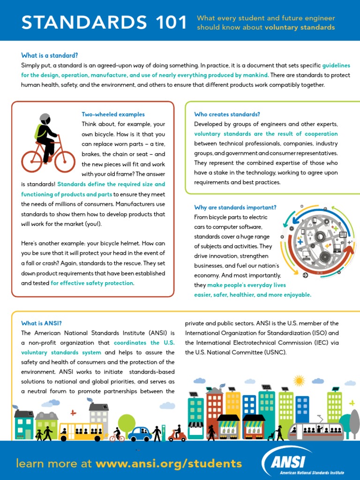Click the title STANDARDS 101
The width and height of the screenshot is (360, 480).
[105, 22]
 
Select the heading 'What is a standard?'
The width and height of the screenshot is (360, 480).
[49, 55]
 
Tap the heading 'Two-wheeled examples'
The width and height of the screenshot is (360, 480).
[113, 114]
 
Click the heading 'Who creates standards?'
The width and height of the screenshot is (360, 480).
[227, 114]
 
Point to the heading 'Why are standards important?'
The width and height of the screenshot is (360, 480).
[235, 207]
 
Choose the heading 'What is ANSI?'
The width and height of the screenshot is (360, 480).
[41, 323]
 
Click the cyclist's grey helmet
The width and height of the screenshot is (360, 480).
[45, 118]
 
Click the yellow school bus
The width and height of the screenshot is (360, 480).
[81, 431]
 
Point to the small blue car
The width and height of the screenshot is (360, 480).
[140, 434]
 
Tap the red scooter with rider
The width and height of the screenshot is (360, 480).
[177, 434]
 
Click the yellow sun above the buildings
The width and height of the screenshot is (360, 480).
[299, 380]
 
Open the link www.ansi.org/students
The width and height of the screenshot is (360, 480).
[169, 464]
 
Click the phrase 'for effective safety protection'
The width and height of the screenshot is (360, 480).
[92, 283]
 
